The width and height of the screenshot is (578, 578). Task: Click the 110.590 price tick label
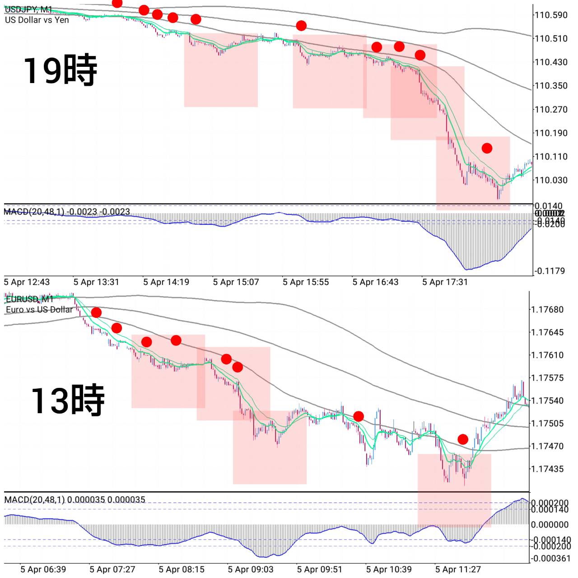550,15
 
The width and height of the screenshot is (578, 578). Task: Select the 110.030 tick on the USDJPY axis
550,180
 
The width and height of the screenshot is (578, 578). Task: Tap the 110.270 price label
550,109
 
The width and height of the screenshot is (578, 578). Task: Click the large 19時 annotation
60,70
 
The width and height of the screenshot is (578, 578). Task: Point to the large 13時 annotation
67,400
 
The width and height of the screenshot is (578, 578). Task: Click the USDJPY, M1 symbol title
28,9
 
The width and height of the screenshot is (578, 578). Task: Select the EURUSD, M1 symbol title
30,299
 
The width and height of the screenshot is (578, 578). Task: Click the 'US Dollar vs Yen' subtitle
37,20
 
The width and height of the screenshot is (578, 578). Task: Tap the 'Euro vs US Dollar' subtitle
39,309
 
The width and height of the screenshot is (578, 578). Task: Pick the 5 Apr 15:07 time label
236,282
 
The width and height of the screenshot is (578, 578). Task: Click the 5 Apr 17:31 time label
445,282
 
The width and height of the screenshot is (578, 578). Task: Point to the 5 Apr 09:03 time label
251,569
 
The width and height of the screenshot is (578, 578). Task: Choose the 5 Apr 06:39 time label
43,569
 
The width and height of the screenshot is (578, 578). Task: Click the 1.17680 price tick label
547,309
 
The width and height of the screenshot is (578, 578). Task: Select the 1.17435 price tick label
547,469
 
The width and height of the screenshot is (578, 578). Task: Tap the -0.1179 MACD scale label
550,271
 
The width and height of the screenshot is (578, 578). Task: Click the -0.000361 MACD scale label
550,559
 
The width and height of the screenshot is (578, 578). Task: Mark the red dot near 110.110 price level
487,148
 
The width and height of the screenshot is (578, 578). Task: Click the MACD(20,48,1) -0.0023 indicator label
67,211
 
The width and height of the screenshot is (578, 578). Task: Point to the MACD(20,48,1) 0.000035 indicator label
75,499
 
